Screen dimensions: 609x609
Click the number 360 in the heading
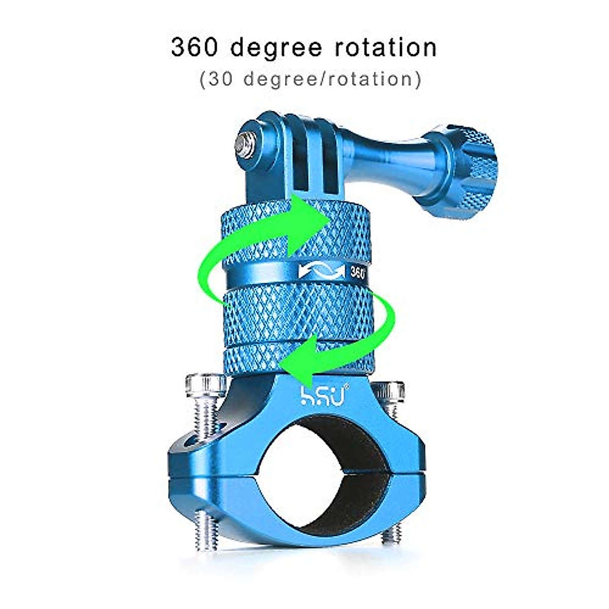tap(195, 48)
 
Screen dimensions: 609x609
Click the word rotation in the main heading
tap(385, 48)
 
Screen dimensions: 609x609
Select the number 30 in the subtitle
tap(220, 79)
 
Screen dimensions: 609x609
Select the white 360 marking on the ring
tap(357, 273)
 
